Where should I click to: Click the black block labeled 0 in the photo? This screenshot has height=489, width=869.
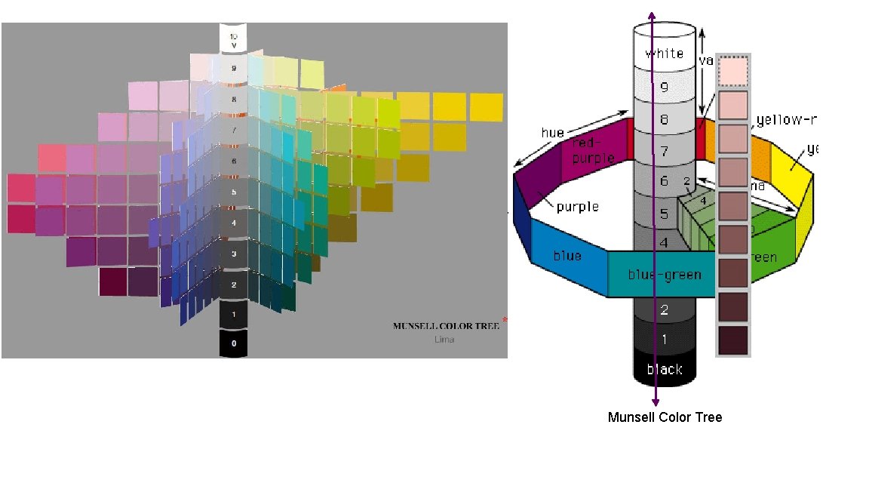[x=234, y=343]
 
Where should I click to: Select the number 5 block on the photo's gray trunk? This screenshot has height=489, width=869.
[x=234, y=192]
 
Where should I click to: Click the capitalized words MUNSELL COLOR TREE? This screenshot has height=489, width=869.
[x=446, y=327]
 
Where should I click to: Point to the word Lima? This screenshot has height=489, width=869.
[x=444, y=340]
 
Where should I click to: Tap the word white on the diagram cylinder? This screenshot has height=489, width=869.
[x=665, y=54]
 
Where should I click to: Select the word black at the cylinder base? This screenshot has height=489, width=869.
[x=665, y=369]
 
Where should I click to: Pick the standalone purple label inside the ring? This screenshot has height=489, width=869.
[x=578, y=206]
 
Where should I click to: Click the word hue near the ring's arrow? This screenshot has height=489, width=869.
[x=552, y=133]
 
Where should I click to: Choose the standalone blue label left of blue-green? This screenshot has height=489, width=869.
[x=567, y=256]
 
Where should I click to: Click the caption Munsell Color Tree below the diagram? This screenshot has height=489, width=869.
[x=665, y=417]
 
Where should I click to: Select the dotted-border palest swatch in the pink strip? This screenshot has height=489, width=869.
[x=732, y=72]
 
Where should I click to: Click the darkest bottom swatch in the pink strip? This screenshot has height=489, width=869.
[x=732, y=340]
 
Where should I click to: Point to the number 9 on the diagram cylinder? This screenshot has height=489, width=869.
[x=665, y=86]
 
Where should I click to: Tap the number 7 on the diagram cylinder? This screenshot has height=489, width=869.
[x=665, y=151]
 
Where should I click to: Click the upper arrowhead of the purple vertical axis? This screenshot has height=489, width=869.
[x=653, y=11]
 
